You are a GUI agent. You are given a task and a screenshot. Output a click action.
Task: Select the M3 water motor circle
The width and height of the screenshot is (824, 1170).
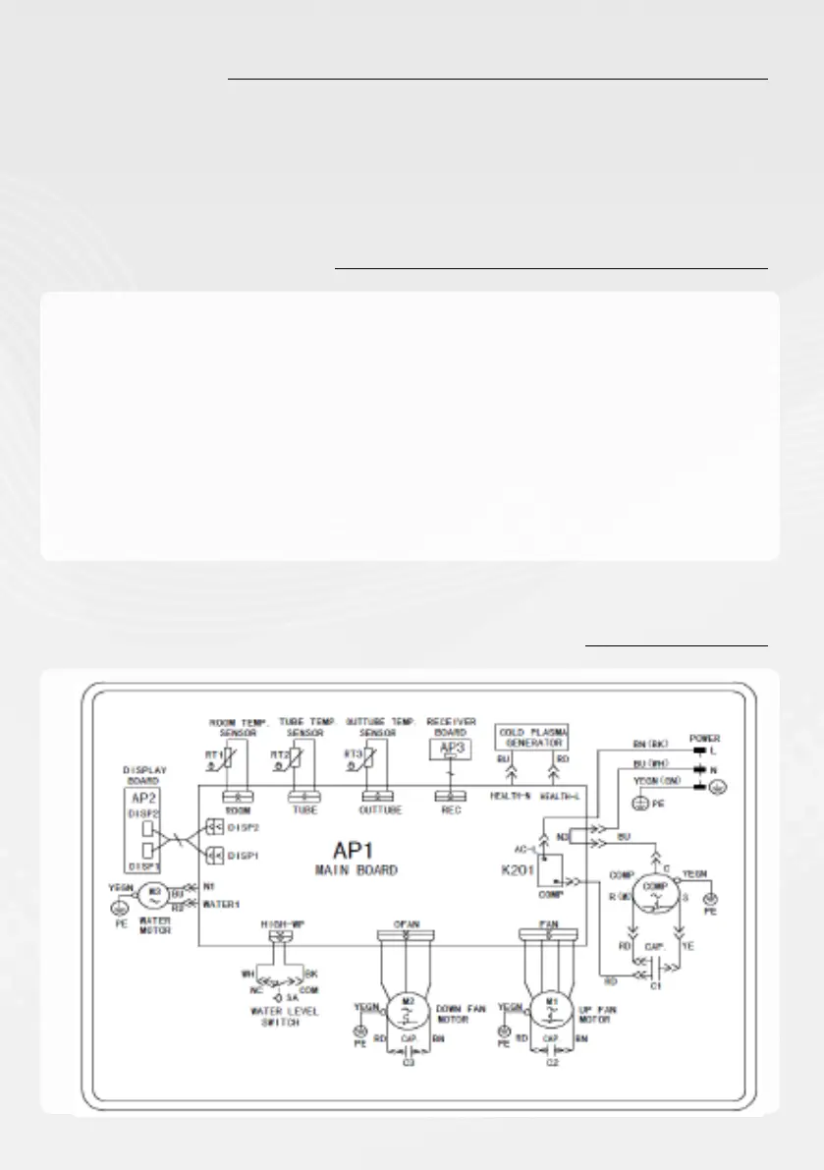[152, 895]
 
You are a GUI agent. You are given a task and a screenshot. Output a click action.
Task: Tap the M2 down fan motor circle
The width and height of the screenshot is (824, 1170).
[405, 1006]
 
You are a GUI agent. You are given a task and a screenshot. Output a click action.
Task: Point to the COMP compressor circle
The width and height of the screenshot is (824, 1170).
[649, 892]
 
